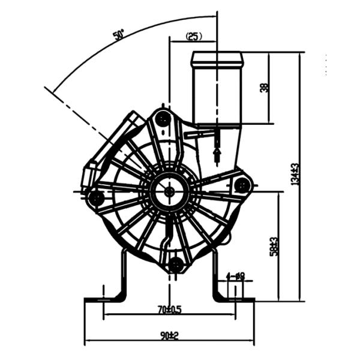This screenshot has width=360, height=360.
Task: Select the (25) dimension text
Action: point(194,37)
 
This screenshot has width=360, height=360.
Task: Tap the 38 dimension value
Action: point(264,88)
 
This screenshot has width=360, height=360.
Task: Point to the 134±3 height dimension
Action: point(295,174)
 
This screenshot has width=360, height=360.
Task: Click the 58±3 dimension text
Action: point(274,246)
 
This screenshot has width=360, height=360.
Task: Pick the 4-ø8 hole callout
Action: point(236,277)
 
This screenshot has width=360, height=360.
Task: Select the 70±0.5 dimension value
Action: point(169,310)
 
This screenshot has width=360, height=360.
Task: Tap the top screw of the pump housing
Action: point(162,119)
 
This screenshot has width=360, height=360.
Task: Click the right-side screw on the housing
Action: point(242,185)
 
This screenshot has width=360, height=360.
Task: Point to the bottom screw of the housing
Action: point(176,264)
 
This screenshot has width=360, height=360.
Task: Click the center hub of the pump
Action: point(169,191)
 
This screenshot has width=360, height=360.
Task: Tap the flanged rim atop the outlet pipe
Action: point(217,59)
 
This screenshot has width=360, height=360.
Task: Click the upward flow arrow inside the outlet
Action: point(217,155)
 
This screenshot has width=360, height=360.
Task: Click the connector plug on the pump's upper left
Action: point(90,174)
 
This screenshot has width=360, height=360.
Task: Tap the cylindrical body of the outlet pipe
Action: point(217,93)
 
